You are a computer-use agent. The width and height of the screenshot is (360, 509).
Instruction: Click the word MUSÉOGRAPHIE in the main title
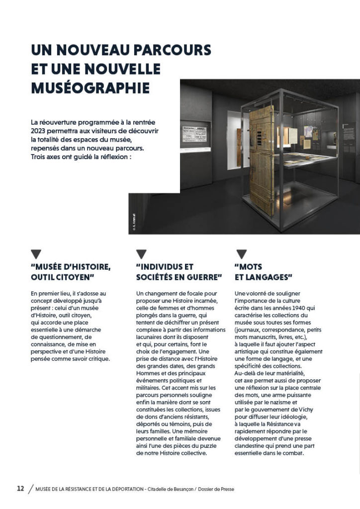click(x=90, y=87)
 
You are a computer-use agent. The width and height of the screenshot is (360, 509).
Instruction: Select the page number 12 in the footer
click(x=20, y=489)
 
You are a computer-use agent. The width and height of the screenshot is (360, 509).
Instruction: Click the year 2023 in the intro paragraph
click(x=40, y=130)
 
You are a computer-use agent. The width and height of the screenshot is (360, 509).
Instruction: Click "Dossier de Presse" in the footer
click(x=218, y=489)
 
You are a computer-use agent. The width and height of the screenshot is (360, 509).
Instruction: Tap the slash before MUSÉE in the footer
click(x=31, y=489)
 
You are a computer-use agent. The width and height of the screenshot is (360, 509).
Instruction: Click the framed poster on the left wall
click(x=194, y=134)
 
